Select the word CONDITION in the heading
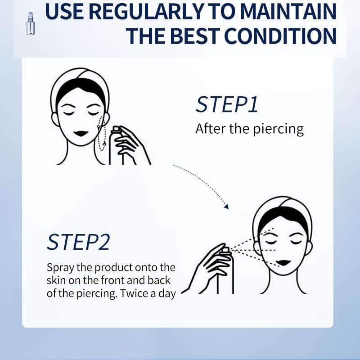point(278,36)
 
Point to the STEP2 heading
point(78,242)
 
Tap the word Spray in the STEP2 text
point(59,267)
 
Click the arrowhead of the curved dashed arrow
point(226,207)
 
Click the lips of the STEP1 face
point(81,134)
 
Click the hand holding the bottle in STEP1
point(129,144)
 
